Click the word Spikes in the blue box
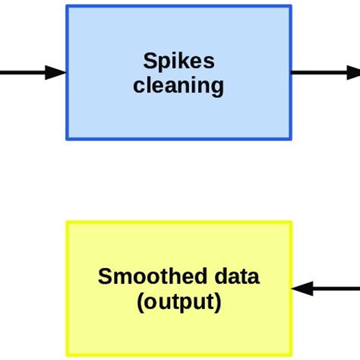coord(178,62)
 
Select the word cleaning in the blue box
coord(178,85)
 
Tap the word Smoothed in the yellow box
coord(144,276)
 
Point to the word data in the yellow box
coord(235,276)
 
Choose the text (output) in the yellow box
coord(179,302)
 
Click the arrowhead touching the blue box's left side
coord(57,73)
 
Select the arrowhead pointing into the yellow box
coord(302,289)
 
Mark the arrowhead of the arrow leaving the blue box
coord(354,73)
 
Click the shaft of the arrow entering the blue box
coord(23,73)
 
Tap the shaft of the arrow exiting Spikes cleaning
coord(319,73)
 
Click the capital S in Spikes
coord(149,62)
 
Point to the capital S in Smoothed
coord(104,276)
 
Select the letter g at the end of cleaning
coord(218,87)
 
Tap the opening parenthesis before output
coord(141,302)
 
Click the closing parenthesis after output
coord(218,302)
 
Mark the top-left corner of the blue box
coord(68,7)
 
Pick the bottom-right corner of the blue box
coord(290,139)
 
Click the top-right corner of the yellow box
coord(291,223)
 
